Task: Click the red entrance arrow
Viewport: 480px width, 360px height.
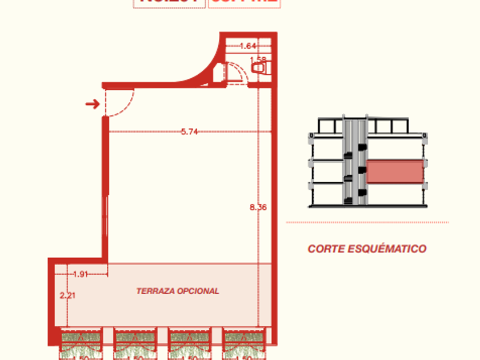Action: [x=91, y=103]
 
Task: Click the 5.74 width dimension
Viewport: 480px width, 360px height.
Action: [x=189, y=131]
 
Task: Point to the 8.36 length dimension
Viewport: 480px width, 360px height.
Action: [x=258, y=207]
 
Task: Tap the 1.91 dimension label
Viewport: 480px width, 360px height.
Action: [x=81, y=274]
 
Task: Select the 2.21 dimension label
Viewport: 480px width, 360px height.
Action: [x=67, y=295]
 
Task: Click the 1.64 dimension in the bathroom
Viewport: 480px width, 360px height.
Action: [x=247, y=46]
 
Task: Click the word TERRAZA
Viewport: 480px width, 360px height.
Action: [x=154, y=291]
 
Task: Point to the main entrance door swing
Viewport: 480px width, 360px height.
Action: [x=121, y=103]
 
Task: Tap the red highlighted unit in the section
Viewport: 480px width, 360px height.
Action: [x=395, y=171]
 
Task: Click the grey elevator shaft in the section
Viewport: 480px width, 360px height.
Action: [x=354, y=163]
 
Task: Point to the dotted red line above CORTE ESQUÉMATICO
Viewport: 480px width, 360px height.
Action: [x=367, y=222]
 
